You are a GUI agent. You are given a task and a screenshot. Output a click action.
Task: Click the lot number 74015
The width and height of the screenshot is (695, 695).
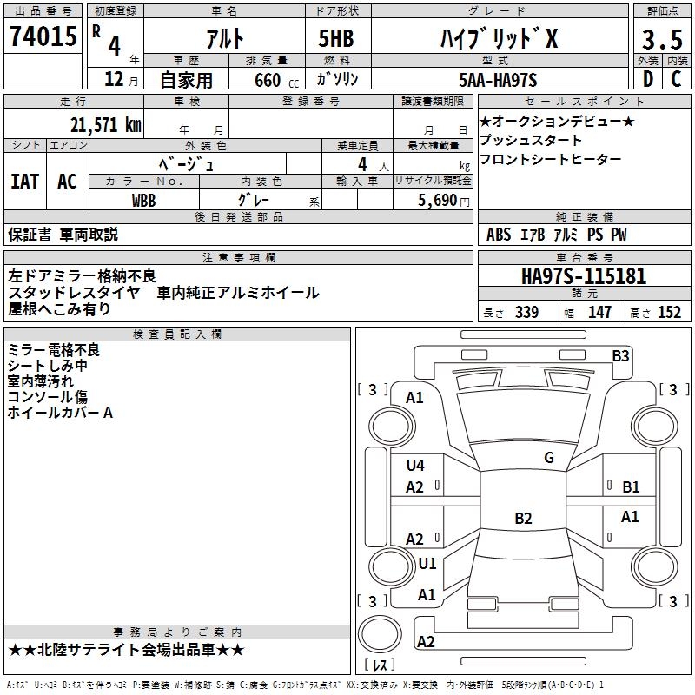point(43,36)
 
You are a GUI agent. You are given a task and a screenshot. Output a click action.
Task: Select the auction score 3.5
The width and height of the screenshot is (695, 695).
point(662,39)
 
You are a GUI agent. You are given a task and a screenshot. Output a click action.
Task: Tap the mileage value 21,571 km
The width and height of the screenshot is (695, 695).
point(106,125)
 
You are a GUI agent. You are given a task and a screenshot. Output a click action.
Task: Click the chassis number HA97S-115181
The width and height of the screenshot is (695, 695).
point(584,276)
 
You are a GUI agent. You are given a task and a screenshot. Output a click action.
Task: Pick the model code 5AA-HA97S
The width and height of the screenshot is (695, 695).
point(498,80)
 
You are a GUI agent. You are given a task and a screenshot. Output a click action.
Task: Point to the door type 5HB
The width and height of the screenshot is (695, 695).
point(336,38)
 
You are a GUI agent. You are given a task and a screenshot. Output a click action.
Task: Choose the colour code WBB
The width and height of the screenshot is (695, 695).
point(143,201)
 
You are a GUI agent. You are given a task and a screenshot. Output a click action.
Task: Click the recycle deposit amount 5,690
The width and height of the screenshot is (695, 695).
point(438,201)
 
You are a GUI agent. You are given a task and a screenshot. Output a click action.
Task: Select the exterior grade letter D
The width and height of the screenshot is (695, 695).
point(647,79)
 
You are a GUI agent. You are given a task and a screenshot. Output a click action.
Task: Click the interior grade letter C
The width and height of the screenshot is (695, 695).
point(676,79)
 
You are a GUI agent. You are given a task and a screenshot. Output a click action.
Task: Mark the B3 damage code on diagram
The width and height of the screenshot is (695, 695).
point(620,356)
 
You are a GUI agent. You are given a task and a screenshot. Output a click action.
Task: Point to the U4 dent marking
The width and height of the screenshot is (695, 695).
point(415,466)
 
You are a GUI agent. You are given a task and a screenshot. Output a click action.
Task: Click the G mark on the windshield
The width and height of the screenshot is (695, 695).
point(549,458)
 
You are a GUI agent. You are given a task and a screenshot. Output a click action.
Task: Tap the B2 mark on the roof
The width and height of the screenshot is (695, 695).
point(523,518)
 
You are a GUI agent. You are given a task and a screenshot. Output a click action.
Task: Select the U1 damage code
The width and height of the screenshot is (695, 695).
point(427,564)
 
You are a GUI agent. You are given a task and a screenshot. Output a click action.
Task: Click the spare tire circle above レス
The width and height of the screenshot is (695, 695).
point(380,634)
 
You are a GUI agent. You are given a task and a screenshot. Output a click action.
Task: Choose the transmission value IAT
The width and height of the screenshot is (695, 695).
point(24,182)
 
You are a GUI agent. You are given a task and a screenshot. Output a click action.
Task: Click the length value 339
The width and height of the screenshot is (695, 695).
point(526,312)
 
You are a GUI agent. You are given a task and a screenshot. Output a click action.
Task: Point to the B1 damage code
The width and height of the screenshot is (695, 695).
point(631,487)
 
